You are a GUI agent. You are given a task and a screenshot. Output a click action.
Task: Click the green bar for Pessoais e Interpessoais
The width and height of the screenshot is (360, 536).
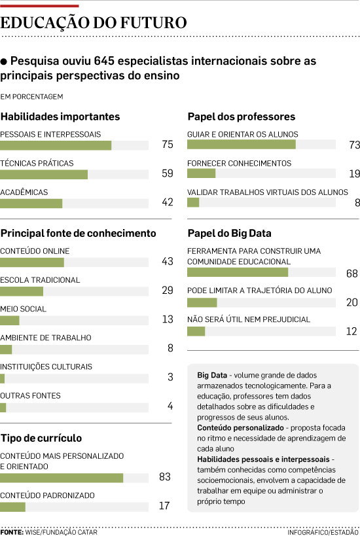tap(56, 145)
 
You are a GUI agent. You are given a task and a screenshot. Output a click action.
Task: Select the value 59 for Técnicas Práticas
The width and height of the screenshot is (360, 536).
tap(168, 173)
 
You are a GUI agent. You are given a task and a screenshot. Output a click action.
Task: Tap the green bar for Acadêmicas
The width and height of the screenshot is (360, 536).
tap(31, 204)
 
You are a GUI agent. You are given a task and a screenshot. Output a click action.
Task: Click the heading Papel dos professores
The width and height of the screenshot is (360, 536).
tap(242, 116)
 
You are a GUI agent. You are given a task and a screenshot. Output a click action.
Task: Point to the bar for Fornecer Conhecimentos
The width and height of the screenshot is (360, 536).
tap(202, 173)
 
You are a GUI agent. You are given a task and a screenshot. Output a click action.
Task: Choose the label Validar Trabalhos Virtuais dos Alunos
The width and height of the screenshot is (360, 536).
tap(268, 192)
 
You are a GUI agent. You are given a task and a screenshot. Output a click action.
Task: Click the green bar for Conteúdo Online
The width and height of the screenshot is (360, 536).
tap(32, 262)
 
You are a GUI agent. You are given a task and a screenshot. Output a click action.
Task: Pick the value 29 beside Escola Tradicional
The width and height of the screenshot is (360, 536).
tap(168, 290)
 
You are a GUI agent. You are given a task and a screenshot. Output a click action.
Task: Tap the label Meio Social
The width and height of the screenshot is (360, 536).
tap(24, 309)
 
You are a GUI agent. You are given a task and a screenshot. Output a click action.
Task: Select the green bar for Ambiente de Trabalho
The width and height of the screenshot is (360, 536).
tap(6, 349)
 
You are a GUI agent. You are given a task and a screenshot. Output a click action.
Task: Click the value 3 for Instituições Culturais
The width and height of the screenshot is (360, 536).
tap(170, 377)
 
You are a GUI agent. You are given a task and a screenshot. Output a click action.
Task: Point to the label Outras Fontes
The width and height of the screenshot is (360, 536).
tap(30, 396)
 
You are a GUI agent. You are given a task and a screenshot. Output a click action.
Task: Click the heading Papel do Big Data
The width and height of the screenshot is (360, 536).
tap(229, 234)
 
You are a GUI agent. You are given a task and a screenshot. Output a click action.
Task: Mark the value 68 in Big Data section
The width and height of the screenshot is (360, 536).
tap(351, 274)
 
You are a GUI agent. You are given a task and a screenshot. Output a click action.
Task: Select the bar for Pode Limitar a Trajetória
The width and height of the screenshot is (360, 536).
tap(202, 302)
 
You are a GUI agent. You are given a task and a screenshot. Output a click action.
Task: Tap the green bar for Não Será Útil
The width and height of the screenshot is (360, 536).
tap(196, 331)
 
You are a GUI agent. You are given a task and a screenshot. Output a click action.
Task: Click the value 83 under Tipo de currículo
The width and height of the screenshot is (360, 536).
tap(165, 476)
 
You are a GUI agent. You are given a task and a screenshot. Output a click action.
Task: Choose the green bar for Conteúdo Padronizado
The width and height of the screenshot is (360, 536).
tap(12, 507)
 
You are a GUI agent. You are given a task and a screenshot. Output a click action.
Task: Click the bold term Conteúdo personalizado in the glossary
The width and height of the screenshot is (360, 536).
tap(240, 427)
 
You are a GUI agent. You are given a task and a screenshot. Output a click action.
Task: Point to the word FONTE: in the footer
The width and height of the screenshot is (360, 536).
tap(12, 532)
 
